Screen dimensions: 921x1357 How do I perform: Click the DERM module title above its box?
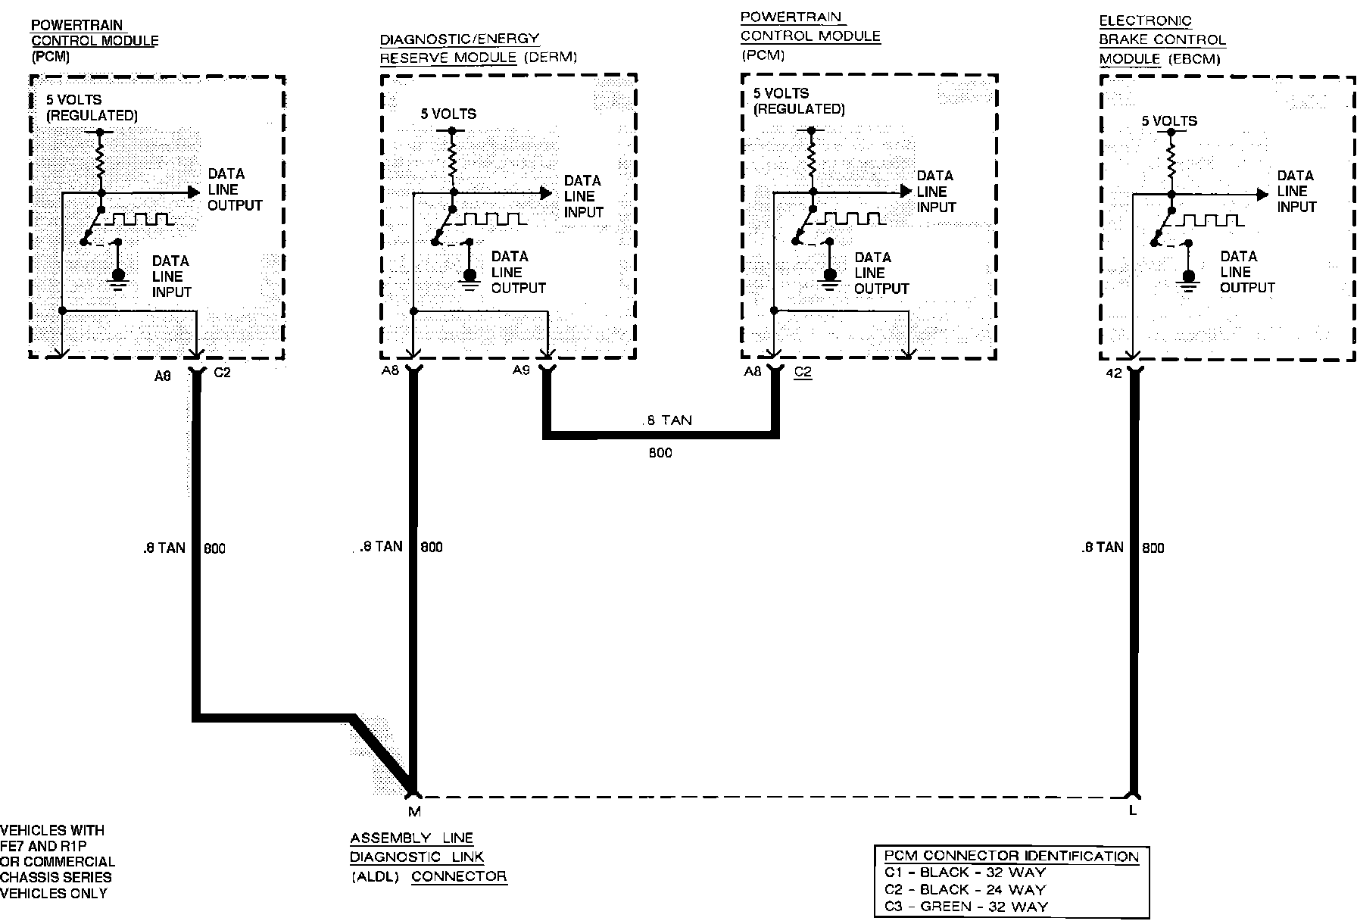click(478, 48)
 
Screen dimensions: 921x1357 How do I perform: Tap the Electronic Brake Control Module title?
click(1162, 39)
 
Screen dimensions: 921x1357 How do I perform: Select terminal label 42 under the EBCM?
click(1114, 373)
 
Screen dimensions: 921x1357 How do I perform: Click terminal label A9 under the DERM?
click(521, 370)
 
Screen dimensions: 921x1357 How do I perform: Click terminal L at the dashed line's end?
click(1133, 810)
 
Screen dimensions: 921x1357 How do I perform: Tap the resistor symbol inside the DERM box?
click(452, 161)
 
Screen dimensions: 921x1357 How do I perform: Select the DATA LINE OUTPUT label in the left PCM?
click(235, 189)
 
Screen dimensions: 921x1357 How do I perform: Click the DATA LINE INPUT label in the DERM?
click(582, 196)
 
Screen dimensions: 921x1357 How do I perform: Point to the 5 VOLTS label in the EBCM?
click(1169, 121)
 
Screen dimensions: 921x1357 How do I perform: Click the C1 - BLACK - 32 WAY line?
click(964, 873)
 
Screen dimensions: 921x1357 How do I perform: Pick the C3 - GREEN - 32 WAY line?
click(965, 906)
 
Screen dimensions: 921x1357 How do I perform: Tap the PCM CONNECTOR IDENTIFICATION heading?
click(1011, 857)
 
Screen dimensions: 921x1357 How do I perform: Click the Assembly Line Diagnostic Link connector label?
click(428, 857)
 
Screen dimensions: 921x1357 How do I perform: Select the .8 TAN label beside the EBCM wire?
click(1102, 547)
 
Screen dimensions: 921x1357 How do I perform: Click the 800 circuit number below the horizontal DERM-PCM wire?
click(660, 453)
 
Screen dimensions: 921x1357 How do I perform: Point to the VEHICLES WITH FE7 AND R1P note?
click(57, 861)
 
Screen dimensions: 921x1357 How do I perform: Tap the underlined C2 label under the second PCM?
click(803, 373)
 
